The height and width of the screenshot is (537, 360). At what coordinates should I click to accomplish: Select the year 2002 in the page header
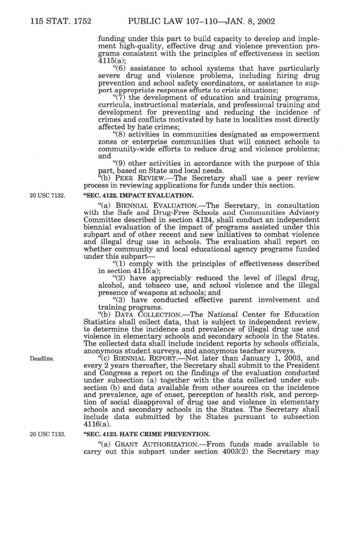coord(265,21)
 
